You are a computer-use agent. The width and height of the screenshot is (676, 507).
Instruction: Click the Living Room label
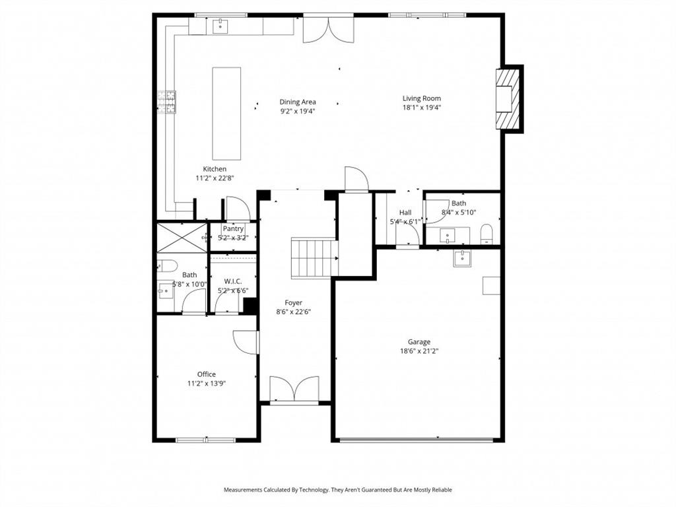[x=421, y=98]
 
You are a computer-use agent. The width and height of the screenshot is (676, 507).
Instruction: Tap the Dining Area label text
[x=297, y=102]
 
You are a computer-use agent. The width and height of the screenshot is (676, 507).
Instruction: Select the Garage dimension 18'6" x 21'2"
[x=419, y=351]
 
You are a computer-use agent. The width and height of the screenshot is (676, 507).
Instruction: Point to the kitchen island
[x=226, y=113]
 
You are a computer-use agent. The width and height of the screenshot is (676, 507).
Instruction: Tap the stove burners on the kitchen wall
[x=167, y=102]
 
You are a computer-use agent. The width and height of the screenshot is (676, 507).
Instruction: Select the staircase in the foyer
[x=314, y=258]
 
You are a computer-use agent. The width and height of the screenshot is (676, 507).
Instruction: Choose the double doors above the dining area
[x=328, y=29]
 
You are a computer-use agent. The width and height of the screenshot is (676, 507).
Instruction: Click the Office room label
[x=206, y=374]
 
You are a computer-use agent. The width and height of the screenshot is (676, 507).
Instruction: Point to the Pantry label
[x=232, y=228]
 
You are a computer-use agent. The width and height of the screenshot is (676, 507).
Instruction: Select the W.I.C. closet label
[x=232, y=281]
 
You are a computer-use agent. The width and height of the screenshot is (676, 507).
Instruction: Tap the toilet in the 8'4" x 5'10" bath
[x=487, y=233]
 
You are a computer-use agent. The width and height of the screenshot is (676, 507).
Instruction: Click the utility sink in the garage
[x=463, y=258]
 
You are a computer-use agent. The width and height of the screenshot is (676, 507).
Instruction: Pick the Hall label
[x=405, y=213]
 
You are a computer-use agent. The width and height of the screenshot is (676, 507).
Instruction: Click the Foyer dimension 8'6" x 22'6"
[x=293, y=312]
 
